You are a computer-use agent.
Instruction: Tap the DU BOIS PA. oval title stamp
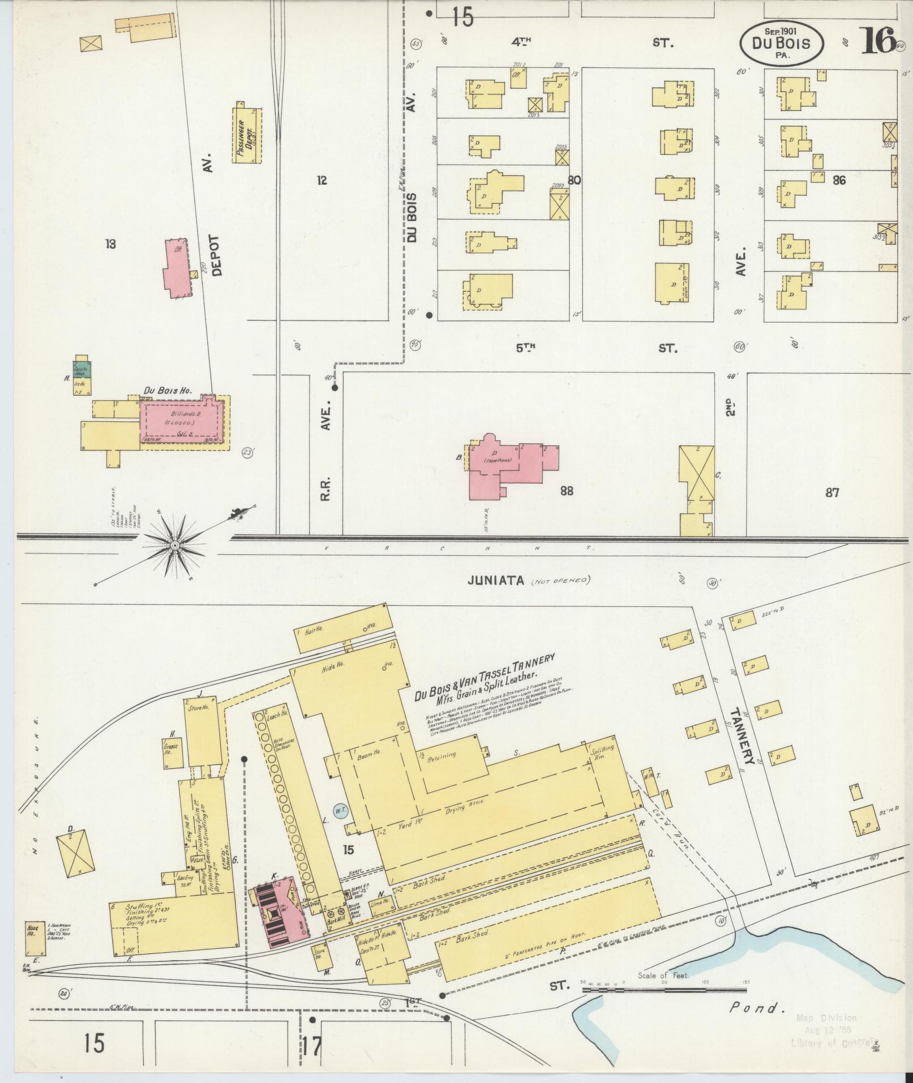[x=781, y=43]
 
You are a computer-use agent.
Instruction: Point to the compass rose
[x=175, y=545]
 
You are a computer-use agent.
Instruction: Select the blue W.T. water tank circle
[x=340, y=810]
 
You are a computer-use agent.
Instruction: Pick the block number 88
[x=566, y=491]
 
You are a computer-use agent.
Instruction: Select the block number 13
[x=110, y=244]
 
